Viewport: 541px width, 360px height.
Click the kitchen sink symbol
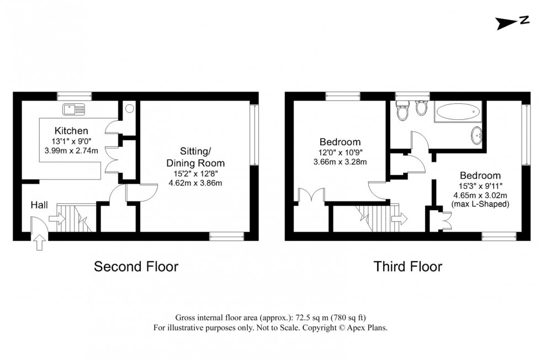pos(73,108)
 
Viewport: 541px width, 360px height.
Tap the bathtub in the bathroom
pos(458,114)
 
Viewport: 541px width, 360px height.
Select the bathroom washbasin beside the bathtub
pos(477,134)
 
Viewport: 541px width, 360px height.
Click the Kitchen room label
pos(71,131)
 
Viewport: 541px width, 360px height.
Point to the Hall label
pos(39,205)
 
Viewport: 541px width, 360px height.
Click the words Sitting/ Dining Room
pos(195,157)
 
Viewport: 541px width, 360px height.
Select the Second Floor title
pos(136,267)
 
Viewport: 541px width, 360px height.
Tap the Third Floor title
pos(408,267)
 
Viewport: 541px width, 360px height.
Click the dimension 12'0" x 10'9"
pos(339,152)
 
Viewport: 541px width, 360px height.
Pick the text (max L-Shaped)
pos(480,204)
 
